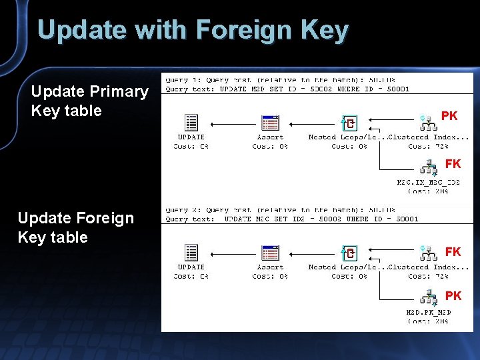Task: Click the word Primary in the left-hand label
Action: (x=118, y=91)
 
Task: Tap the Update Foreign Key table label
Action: (x=75, y=227)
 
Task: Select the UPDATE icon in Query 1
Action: (x=191, y=123)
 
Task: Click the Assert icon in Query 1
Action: (x=270, y=123)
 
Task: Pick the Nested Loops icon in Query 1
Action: (x=349, y=123)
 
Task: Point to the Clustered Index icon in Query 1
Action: (x=427, y=120)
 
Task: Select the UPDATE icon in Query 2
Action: (x=191, y=253)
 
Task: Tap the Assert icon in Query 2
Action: (x=270, y=253)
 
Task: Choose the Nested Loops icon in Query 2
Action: (x=349, y=253)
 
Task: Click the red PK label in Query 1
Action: (x=449, y=116)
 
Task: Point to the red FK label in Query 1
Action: (x=453, y=163)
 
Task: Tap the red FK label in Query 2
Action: (x=453, y=251)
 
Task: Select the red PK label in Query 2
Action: (x=453, y=295)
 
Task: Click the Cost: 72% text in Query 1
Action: (x=427, y=146)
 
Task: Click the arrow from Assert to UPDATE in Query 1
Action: (x=233, y=124)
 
